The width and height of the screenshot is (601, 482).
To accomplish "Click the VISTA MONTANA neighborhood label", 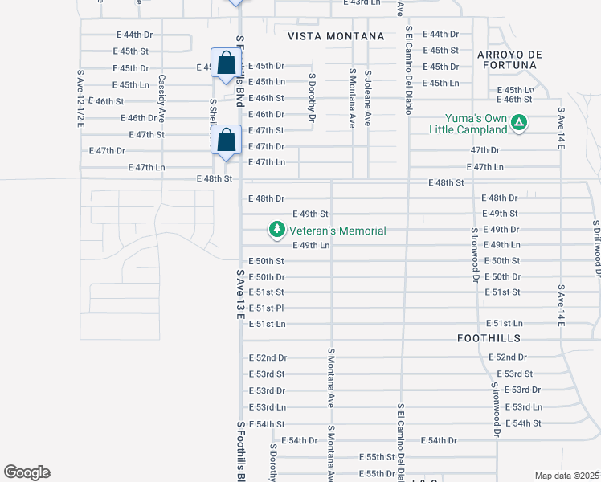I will [x=335, y=37].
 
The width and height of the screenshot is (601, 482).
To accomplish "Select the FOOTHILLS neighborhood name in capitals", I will [x=489, y=338].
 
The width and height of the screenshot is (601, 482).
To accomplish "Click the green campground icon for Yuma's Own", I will [x=520, y=123].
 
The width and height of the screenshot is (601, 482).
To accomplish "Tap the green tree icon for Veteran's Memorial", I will [x=277, y=231].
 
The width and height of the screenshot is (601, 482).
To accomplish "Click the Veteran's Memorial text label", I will [x=337, y=231].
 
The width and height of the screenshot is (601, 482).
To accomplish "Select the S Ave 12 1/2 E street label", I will [x=80, y=98].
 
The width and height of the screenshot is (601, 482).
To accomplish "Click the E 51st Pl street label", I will [x=267, y=308].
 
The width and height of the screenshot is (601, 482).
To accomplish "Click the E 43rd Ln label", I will [x=360, y=3].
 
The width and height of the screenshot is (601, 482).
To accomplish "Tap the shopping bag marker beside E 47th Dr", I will [x=227, y=141].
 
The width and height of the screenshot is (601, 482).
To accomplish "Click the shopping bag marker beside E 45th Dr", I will [x=226, y=63].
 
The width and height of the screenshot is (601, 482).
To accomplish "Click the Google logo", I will [x=27, y=472].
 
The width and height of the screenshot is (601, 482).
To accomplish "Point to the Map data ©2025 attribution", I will [x=567, y=476].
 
